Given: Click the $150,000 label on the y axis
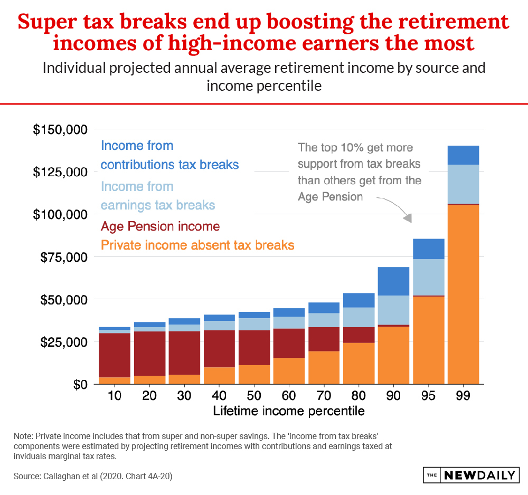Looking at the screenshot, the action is (x=60, y=129).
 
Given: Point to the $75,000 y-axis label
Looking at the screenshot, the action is (x=64, y=258).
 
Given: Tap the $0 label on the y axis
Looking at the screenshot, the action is (x=80, y=385).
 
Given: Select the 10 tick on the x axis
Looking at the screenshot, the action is (x=115, y=396).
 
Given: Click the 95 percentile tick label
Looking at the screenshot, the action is (x=428, y=396).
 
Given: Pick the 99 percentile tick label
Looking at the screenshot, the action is (x=463, y=396).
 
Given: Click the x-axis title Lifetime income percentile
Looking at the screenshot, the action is (x=289, y=411).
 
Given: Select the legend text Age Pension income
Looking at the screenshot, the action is (x=161, y=226).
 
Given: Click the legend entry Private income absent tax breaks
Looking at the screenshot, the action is (x=197, y=245).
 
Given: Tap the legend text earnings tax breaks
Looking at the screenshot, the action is (x=158, y=205).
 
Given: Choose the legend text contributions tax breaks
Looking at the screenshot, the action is (x=169, y=165).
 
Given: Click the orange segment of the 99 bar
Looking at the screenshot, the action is (x=464, y=294).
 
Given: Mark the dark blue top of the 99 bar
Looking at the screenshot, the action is (x=464, y=155).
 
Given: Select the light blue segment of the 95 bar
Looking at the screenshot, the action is (x=429, y=277).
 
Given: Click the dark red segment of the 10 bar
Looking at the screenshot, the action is (x=115, y=355).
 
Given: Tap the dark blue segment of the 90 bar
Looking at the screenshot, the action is (x=394, y=281).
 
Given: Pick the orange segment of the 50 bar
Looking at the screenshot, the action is (x=254, y=375).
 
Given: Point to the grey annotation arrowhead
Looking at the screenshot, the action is (x=408, y=218).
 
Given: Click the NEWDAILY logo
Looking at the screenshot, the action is (x=472, y=475).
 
